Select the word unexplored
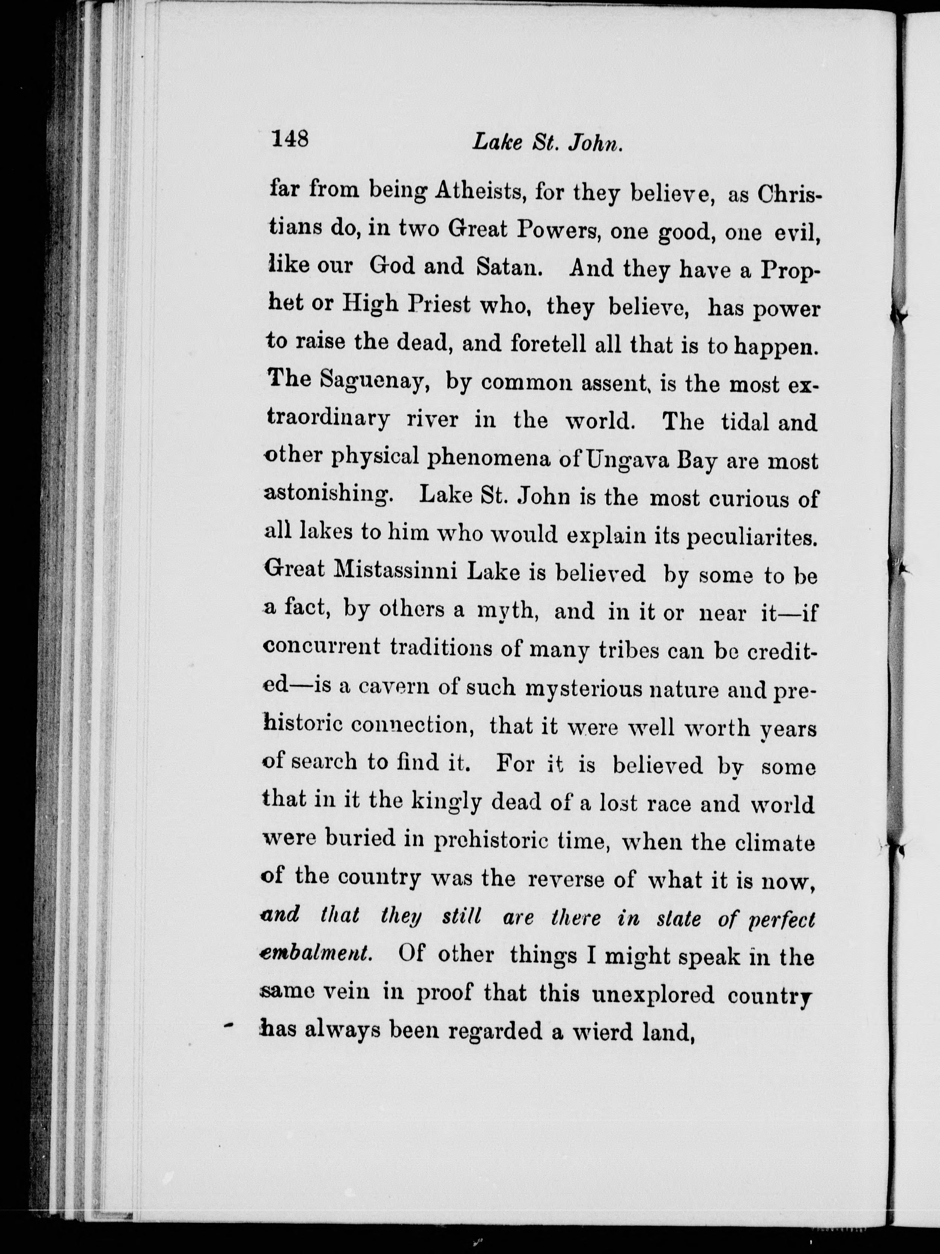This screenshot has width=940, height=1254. coord(652,993)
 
